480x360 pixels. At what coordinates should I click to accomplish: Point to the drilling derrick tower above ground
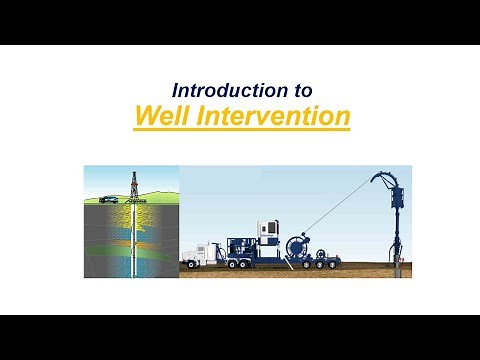pos(131,185)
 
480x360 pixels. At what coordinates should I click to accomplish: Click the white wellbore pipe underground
pos(131,240)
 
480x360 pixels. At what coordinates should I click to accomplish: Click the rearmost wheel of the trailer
pos(329,265)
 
